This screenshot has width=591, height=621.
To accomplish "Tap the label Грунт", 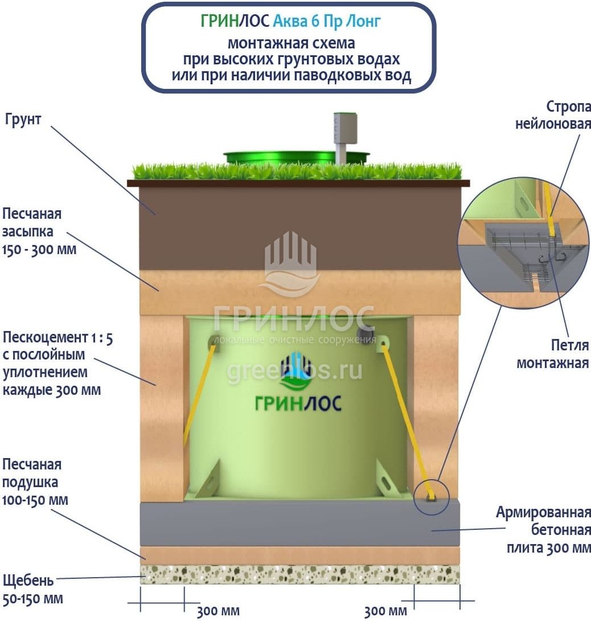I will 23,120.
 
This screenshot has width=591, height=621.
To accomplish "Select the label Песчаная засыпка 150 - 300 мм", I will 39,231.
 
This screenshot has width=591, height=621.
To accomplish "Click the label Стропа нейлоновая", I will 553,116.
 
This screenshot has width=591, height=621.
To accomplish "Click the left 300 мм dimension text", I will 218,612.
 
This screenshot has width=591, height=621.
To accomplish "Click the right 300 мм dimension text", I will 385,612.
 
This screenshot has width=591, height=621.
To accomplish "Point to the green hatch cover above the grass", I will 296,157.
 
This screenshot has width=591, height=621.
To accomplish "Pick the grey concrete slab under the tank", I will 299,523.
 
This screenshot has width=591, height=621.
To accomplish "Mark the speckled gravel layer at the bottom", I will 299,574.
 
